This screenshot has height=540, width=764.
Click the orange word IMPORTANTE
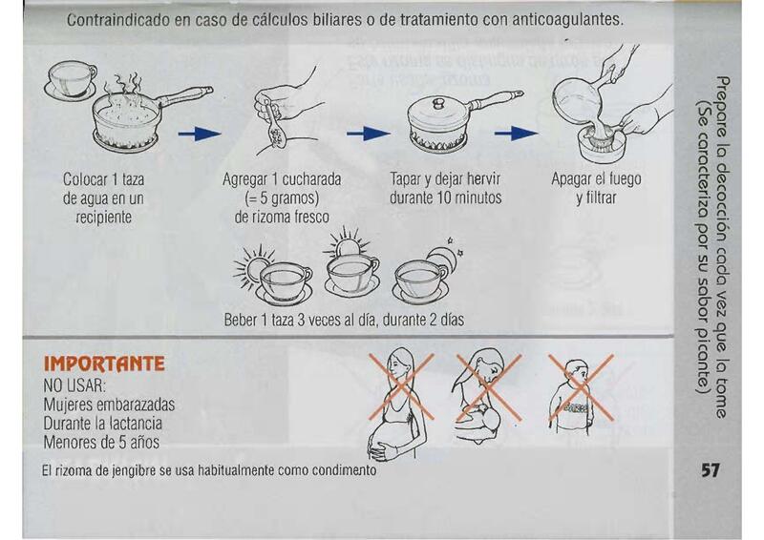(104, 363)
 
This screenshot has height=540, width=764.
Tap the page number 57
(710, 470)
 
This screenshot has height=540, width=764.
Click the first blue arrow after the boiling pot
(200, 134)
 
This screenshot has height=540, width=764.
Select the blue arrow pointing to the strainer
(517, 133)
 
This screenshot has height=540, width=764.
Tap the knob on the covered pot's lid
(439, 103)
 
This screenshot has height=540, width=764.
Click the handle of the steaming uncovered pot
(185, 96)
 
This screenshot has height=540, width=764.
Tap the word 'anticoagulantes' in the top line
(566, 20)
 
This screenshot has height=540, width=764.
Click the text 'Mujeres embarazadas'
(109, 405)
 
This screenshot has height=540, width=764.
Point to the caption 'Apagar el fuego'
(596, 179)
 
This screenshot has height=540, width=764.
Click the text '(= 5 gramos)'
(282, 198)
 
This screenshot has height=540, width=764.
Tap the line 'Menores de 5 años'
(101, 442)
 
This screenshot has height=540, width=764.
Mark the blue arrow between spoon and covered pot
(369, 133)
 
